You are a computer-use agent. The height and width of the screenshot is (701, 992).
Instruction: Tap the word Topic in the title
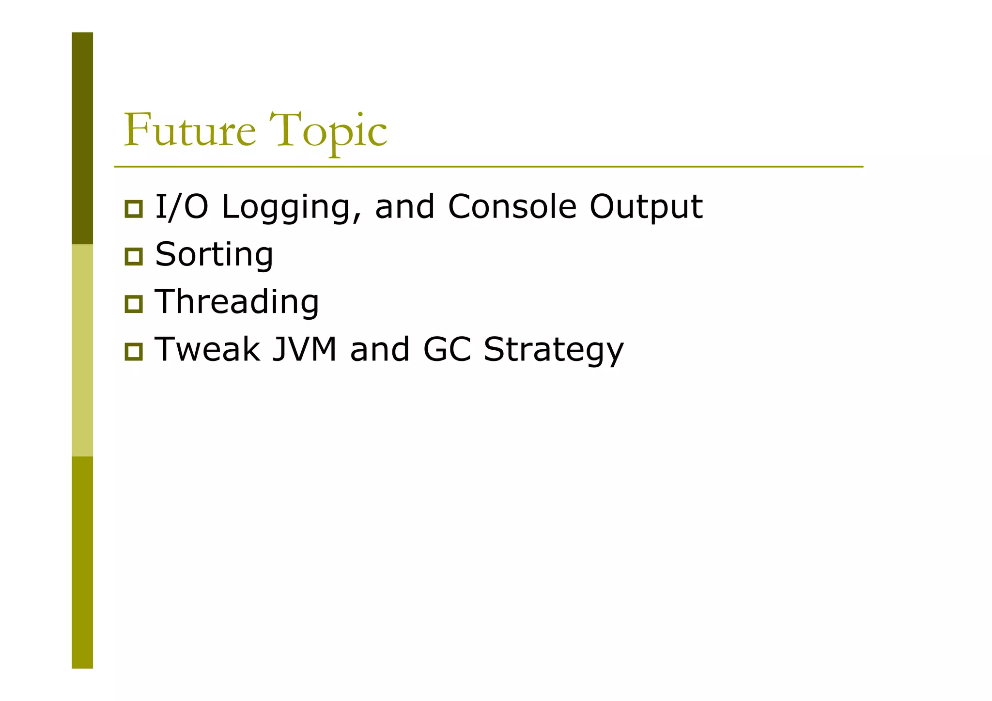(328, 131)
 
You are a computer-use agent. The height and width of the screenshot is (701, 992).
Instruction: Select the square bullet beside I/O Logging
(134, 209)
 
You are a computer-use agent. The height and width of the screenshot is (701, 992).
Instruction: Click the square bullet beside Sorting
(134, 256)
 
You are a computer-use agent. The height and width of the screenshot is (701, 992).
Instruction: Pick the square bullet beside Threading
(134, 304)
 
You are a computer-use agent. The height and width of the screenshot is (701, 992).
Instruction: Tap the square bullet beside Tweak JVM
(134, 351)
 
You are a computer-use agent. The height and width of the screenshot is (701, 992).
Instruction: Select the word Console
(512, 207)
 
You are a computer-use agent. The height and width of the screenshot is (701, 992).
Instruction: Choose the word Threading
(237, 302)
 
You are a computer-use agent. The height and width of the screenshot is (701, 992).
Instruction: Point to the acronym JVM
(304, 349)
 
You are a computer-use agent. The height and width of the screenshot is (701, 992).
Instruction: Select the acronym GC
(447, 349)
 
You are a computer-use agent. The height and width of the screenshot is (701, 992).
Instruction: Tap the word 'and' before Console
(405, 207)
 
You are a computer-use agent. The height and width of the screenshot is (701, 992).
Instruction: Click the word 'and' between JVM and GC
(380, 349)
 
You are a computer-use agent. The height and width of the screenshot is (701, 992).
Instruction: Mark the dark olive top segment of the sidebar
(82, 138)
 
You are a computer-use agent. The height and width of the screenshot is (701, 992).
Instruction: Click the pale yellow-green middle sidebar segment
(82, 350)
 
